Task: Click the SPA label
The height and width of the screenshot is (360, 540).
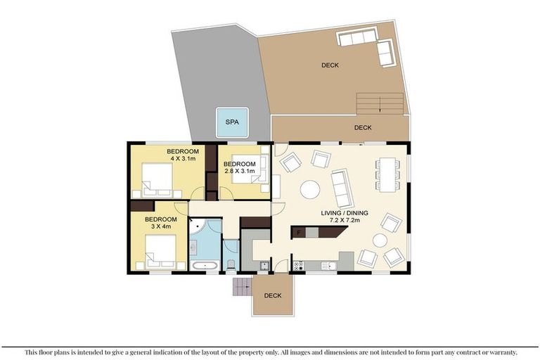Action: pos(232,122)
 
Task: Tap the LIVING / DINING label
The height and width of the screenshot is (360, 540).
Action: pos(345,213)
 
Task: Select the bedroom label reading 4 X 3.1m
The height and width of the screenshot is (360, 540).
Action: pos(183,159)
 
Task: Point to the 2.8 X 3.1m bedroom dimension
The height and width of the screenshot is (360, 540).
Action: pos(240,171)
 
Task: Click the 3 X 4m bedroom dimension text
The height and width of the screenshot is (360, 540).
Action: pos(161,226)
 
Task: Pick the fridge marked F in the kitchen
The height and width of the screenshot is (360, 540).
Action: pos(299,232)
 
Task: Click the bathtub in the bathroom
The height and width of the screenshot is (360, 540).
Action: pos(205,266)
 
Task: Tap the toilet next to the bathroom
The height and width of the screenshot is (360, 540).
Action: pos(231,264)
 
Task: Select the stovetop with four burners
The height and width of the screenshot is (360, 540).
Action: pos(298,266)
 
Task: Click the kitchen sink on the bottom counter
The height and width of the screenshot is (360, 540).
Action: pos(328,266)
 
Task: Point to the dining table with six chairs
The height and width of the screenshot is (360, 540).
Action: pos(387,174)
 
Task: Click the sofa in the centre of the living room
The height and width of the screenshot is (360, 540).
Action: pos(342,188)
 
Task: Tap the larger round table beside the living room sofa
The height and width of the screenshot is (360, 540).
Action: pos(310,190)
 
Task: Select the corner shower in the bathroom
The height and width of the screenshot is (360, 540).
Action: pos(198,226)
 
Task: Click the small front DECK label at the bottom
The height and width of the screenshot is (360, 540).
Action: pos(273,295)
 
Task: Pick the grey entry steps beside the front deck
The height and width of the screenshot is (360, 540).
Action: pos(243,287)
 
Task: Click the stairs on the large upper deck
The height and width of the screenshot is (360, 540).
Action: pos(380,103)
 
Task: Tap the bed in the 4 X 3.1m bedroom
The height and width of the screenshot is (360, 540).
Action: pos(157,180)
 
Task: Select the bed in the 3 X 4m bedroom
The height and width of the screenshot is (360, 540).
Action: pos(161,252)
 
